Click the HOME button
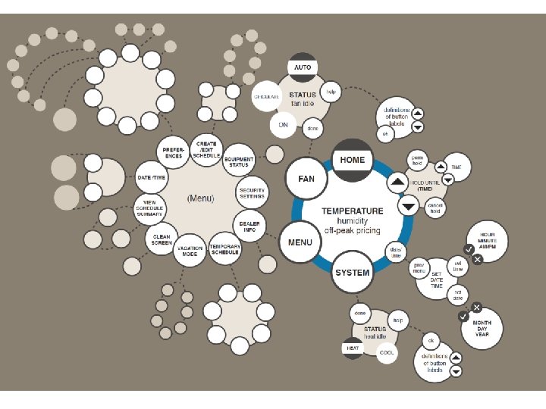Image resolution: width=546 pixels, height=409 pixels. [352, 160]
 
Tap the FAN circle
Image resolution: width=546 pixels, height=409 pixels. [306, 180]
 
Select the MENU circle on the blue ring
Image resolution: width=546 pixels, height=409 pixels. [300, 242]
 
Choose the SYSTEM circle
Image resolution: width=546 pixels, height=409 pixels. [353, 273]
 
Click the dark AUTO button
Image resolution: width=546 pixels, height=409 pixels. [303, 67]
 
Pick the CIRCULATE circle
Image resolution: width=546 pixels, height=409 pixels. [266, 97]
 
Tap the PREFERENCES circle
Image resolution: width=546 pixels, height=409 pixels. [172, 152]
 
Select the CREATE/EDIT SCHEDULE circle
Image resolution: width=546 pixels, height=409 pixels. [206, 147]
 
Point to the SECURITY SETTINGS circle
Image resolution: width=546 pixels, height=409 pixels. [252, 193]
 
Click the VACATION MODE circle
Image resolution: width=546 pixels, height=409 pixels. [190, 251]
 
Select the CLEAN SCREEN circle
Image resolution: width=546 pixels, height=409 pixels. [162, 239]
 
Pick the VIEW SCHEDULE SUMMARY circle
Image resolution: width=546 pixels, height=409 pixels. [149, 208]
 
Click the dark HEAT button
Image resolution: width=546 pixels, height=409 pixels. [353, 348]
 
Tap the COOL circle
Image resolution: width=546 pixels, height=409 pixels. [387, 353]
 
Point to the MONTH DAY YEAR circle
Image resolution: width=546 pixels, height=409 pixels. [482, 328]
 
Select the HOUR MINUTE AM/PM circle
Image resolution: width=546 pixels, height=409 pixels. [487, 241]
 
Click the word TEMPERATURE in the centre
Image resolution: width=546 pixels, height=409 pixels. [353, 211]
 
